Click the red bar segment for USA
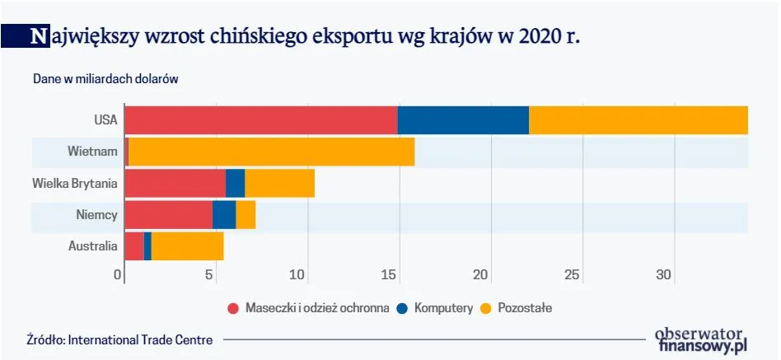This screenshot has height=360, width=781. [260, 120]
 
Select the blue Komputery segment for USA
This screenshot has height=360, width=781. [463, 120]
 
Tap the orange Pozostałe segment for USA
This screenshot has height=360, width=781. [638, 120]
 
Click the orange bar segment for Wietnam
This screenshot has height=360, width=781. [271, 152]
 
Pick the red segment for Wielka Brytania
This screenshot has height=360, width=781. [175, 183]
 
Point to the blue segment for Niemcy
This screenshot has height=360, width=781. [224, 214]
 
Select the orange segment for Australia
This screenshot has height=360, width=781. [187, 245]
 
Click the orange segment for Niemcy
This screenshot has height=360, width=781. [246, 214]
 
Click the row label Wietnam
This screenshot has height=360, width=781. [93, 152]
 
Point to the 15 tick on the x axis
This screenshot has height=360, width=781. [392, 274]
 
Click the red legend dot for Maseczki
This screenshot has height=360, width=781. [233, 308]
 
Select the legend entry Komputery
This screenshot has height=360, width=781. [443, 308]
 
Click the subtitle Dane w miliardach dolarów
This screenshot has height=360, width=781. [105, 79]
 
